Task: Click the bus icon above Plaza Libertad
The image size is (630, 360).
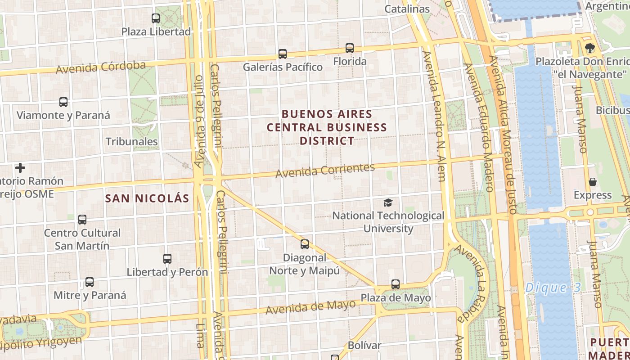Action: click(156, 18)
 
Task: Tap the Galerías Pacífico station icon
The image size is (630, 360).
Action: click(283, 54)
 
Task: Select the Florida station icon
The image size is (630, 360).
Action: click(350, 48)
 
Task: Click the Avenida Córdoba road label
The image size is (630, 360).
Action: click(101, 67)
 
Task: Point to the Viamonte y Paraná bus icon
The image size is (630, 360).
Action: click(63, 102)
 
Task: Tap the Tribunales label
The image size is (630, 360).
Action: click(131, 142)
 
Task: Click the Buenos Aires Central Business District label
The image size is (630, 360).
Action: click(327, 127)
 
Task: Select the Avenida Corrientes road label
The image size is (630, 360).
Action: click(325, 171)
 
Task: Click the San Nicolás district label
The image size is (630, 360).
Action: click(147, 198)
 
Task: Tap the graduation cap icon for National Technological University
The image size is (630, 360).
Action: click(388, 203)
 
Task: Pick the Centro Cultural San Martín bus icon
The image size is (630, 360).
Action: click(82, 220)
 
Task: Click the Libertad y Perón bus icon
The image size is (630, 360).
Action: click(167, 259)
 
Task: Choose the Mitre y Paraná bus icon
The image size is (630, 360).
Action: click(90, 282)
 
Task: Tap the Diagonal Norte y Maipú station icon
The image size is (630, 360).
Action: click(305, 244)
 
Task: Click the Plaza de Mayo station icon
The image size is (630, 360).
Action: click(396, 284)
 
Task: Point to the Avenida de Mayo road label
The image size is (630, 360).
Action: click(310, 308)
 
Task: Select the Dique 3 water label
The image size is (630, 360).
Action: click(553, 288)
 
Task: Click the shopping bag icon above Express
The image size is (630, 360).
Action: click(593, 182)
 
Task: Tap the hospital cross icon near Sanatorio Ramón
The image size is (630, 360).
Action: click(20, 168)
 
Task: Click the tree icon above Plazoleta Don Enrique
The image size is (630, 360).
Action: click(589, 48)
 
